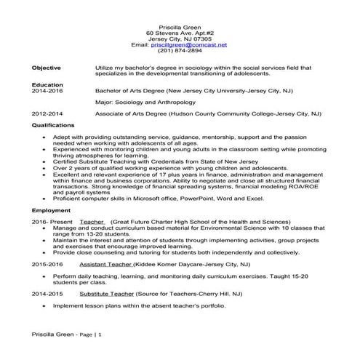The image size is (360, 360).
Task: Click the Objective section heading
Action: [46, 67]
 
